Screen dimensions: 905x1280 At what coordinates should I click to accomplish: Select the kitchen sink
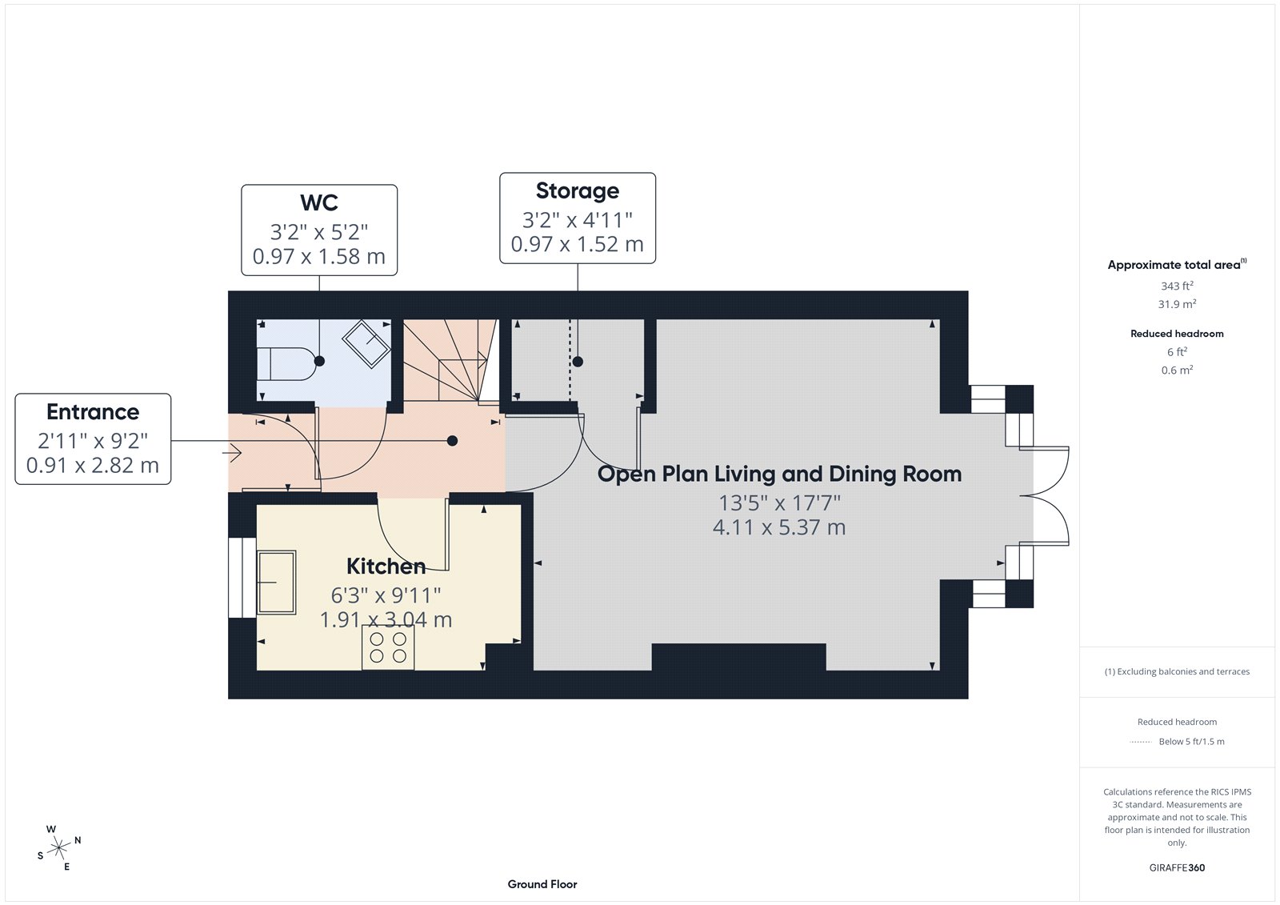pos(276,582)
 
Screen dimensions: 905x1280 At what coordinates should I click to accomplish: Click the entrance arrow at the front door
pos(232,454)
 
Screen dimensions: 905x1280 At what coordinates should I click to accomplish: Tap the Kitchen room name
pos(386,567)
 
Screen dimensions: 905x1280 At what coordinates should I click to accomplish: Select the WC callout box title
pos(318,203)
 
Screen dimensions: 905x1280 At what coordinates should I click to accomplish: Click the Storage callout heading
pos(577,191)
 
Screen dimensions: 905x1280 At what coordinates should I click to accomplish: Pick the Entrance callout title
pos(93,412)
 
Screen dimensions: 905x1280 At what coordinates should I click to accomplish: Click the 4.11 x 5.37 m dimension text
pos(778,527)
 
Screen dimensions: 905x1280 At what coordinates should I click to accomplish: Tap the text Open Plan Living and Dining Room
pos(779,474)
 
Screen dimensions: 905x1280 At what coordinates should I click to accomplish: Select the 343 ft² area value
pos(1177,286)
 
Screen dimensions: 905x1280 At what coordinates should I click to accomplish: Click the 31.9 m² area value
pos(1177,304)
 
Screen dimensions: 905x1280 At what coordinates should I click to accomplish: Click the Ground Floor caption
pos(542,884)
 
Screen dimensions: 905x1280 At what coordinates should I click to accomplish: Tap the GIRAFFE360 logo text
pos(1177,867)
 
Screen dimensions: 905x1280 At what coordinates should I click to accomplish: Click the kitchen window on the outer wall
pos(236,577)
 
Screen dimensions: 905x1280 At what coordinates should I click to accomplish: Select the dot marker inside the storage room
pos(578,362)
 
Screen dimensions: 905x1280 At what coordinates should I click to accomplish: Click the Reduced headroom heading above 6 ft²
pos(1177,334)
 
